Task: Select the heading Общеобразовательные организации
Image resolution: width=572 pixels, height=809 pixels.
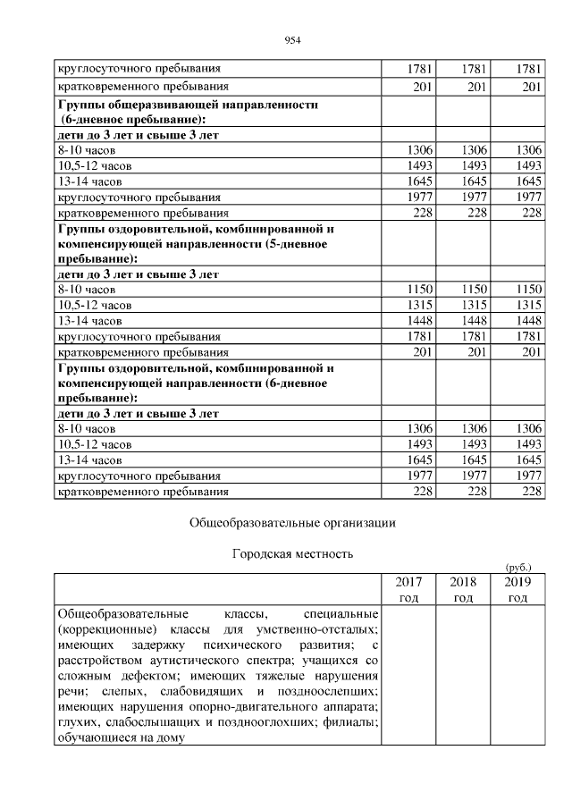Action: [x=292, y=523]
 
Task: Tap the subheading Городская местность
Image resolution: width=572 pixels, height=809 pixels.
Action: [x=292, y=554]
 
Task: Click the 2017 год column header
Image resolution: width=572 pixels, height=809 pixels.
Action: [x=408, y=589]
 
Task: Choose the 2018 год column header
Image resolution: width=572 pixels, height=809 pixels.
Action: [x=462, y=589]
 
